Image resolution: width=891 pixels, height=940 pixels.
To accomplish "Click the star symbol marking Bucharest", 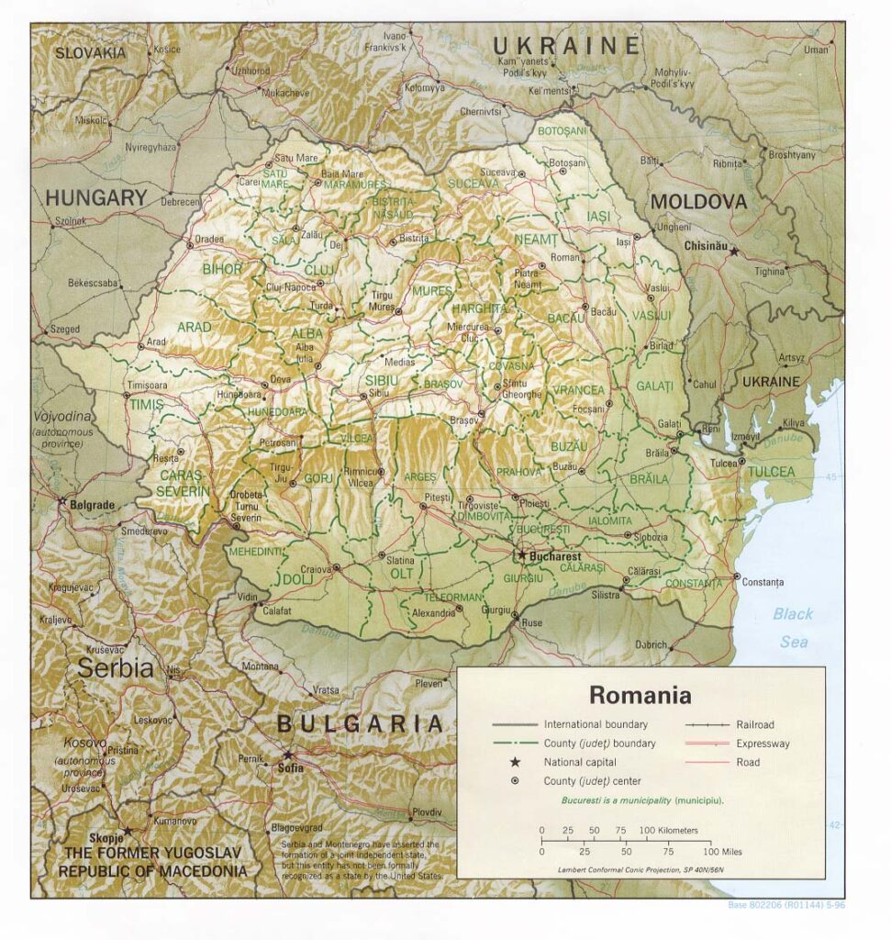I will pyautogui.click(x=522, y=555).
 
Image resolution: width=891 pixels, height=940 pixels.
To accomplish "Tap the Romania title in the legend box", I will pyautogui.click(x=640, y=694).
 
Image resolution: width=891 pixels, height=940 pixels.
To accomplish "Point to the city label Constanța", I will pyautogui.click(x=763, y=582).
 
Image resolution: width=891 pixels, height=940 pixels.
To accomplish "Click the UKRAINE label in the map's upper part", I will pyautogui.click(x=565, y=46).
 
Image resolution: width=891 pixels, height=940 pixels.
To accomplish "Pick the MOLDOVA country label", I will pyautogui.click(x=699, y=201).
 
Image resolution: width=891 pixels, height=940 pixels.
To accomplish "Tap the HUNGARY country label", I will pyautogui.click(x=95, y=196).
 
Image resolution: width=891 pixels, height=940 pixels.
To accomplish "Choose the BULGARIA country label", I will pyautogui.click(x=361, y=724).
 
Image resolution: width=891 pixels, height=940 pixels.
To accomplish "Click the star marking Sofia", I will pyautogui.click(x=288, y=755).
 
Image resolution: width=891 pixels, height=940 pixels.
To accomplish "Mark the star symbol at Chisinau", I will pyautogui.click(x=733, y=250).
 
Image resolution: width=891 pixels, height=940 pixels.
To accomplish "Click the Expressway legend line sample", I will pyautogui.click(x=706, y=744).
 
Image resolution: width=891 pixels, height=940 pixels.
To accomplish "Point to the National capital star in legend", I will pyautogui.click(x=515, y=762).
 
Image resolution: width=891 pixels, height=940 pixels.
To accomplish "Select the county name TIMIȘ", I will pyautogui.click(x=146, y=404).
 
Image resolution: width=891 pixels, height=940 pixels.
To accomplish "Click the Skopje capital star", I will pyautogui.click(x=128, y=830).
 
